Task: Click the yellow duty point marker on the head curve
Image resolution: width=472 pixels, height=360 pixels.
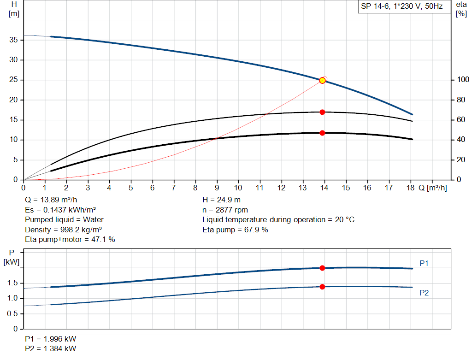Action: (x=322, y=80)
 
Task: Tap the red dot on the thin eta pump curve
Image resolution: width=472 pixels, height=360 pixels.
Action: (x=322, y=112)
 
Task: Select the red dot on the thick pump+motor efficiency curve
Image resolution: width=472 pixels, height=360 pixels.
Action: (x=322, y=133)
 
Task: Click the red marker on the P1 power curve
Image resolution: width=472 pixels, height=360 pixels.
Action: (x=322, y=268)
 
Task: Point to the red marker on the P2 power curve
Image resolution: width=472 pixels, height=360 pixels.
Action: (x=322, y=287)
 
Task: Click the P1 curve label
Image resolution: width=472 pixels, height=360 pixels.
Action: (x=424, y=263)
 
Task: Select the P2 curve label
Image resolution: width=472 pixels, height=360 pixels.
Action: (x=424, y=293)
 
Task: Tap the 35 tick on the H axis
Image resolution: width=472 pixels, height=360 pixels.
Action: (x=14, y=40)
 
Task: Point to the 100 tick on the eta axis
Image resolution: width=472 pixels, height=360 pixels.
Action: (x=461, y=80)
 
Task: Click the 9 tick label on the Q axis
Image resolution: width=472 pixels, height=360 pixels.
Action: (x=217, y=188)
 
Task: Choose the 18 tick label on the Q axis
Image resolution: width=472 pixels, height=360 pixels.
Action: (x=410, y=188)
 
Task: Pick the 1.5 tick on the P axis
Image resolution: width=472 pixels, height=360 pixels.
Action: (x=13, y=283)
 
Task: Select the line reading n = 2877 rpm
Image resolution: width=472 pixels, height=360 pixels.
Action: (x=225, y=210)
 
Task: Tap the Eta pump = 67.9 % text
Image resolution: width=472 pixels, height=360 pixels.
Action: (x=235, y=230)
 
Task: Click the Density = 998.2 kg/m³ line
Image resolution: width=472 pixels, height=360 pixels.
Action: (x=64, y=230)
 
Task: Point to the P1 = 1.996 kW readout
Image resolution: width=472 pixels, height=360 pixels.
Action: (x=51, y=339)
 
